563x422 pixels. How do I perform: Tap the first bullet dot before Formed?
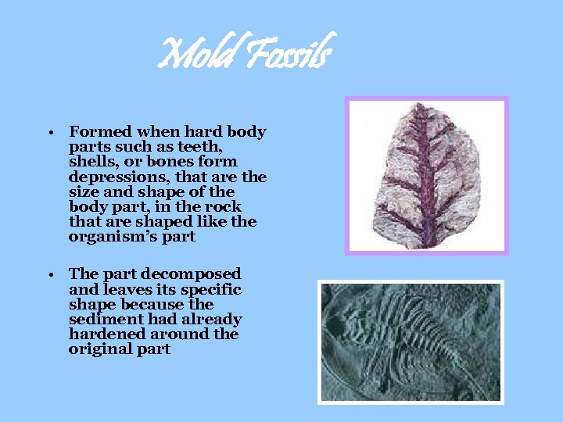[48, 132]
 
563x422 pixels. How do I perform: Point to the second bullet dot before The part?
[48, 274]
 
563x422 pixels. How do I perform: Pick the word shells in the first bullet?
[91, 162]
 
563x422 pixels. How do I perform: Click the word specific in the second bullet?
[211, 289]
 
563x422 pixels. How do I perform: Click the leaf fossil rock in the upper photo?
[425, 176]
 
